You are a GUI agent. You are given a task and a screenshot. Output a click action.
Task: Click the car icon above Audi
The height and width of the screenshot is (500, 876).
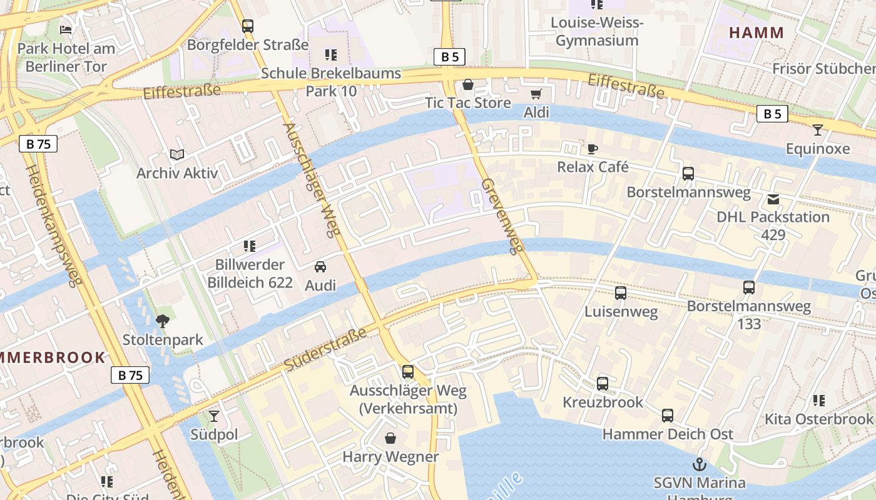pos(320,267)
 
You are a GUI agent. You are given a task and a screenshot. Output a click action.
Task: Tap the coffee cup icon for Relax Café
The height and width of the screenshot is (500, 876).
pos(592,149)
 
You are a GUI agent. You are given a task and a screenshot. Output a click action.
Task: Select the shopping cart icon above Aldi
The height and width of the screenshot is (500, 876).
pos(536,94)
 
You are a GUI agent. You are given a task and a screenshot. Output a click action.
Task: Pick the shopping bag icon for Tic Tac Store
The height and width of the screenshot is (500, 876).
pos(467,84)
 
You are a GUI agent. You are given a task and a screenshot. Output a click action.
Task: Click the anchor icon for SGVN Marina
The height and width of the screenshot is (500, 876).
pos(699,464)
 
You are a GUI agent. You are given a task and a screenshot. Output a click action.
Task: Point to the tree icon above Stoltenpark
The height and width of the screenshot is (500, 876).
pos(163,321)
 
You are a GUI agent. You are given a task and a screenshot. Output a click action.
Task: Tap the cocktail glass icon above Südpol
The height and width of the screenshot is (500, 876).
pos(214,416)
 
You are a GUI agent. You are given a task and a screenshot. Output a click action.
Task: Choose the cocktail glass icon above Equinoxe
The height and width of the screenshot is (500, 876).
pos(817,130)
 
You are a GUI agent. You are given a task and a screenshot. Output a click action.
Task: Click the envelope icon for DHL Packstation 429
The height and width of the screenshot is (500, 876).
pos(773,199)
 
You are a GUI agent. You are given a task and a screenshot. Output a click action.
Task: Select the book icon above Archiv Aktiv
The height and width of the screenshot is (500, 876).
pos(177,154)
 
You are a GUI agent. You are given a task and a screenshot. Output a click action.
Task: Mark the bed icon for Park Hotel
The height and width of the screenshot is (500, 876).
pos(66,29)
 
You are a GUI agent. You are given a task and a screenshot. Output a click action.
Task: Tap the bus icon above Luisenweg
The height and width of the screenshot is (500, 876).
pos(621,292)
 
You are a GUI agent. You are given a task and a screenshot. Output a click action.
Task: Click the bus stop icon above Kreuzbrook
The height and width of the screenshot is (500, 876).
pos(602,383)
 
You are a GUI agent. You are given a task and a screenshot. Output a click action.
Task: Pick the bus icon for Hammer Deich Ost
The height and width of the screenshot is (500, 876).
pos(668,415)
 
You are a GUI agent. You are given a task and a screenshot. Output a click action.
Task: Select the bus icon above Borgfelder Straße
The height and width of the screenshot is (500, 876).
pos(248,26)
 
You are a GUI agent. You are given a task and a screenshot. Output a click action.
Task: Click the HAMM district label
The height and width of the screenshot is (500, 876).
pos(756,32)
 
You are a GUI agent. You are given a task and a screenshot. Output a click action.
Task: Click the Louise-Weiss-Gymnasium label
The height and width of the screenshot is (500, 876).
pos(596,32)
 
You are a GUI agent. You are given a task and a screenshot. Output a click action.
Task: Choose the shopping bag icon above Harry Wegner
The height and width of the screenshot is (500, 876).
pos(390,438)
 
